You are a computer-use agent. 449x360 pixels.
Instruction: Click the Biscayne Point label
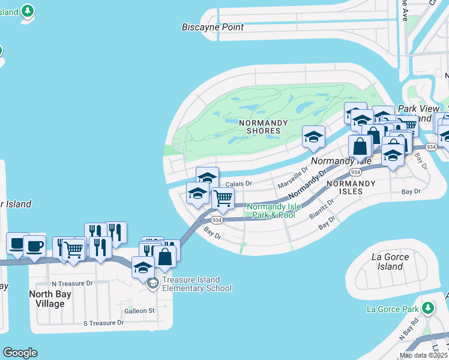click(213, 27)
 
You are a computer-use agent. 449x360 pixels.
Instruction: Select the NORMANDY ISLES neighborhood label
click(345, 187)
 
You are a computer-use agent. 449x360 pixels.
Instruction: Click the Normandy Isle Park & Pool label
click(273, 211)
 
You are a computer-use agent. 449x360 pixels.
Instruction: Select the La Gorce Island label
click(390, 262)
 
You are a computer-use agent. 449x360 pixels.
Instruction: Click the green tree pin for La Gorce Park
click(427, 308)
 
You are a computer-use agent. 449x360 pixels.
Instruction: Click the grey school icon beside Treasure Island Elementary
click(153, 283)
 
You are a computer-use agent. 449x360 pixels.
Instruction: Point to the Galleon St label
click(139, 311)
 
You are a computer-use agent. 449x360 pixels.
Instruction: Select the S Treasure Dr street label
click(103, 323)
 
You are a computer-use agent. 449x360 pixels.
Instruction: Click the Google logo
click(20, 353)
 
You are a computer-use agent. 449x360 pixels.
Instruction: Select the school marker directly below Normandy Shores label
click(313, 137)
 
